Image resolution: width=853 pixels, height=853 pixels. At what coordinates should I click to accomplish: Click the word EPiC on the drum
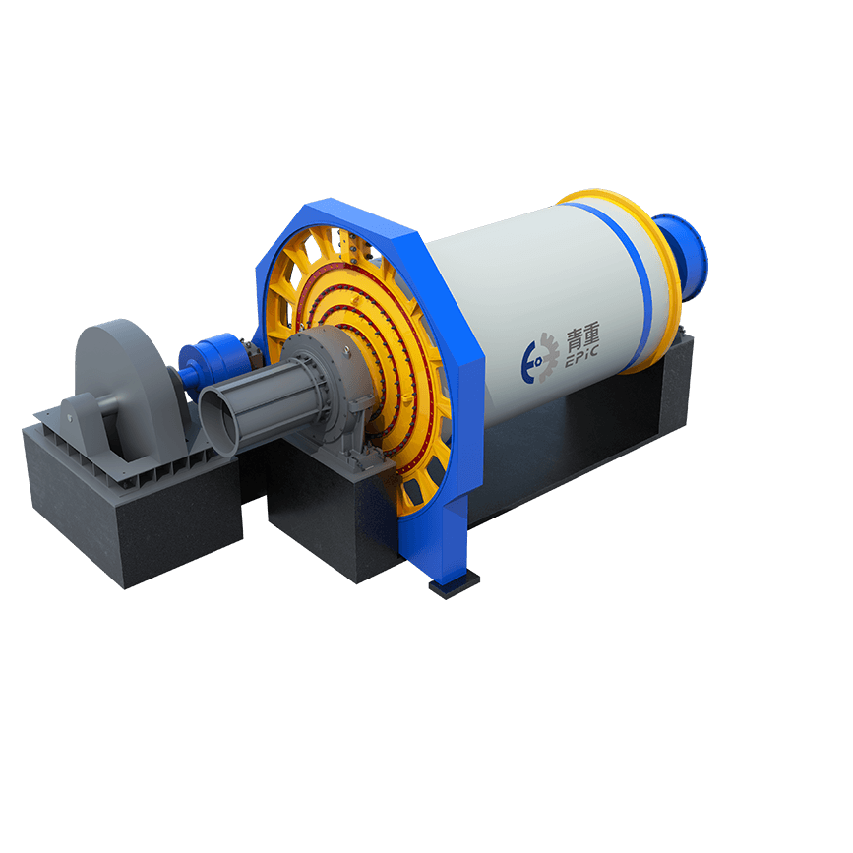(581, 356)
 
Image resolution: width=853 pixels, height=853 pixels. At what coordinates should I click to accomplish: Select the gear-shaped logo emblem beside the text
(540, 358)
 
